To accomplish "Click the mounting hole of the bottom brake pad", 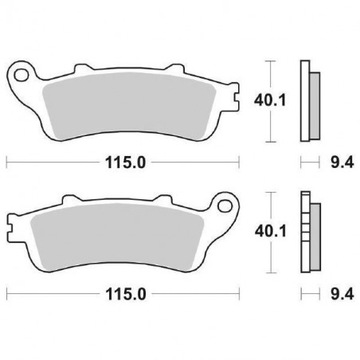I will pyautogui.click(x=224, y=207).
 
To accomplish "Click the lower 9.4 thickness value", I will pyautogui.click(x=338, y=293).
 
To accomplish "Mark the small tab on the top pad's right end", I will pyautogui.click(x=237, y=100).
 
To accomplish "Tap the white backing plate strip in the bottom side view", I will pyautogui.click(x=303, y=232).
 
